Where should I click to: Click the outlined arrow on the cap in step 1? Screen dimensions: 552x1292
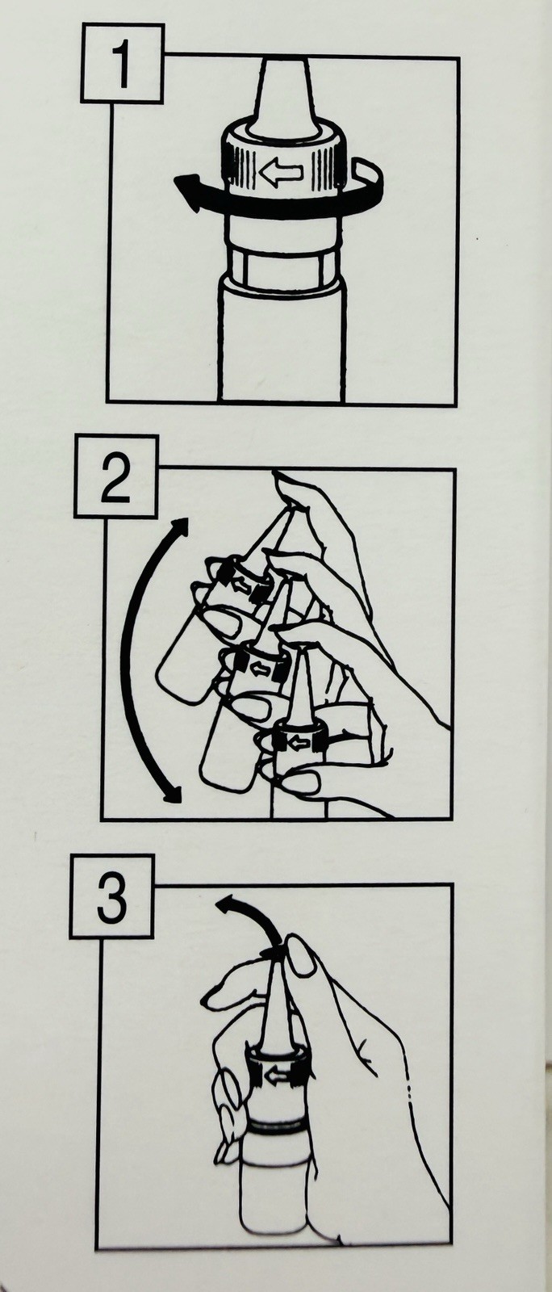click(281, 171)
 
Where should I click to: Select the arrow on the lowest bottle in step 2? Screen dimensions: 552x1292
click(298, 744)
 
